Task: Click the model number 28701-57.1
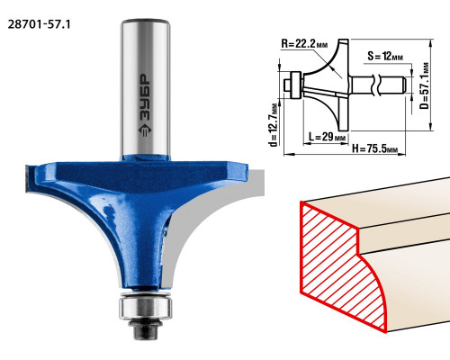39,24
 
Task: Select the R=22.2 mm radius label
304,44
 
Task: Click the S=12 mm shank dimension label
385,56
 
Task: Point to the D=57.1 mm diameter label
425,85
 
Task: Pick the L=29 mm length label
327,137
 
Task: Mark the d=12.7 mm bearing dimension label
274,125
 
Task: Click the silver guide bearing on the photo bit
146,308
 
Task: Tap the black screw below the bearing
146,329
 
